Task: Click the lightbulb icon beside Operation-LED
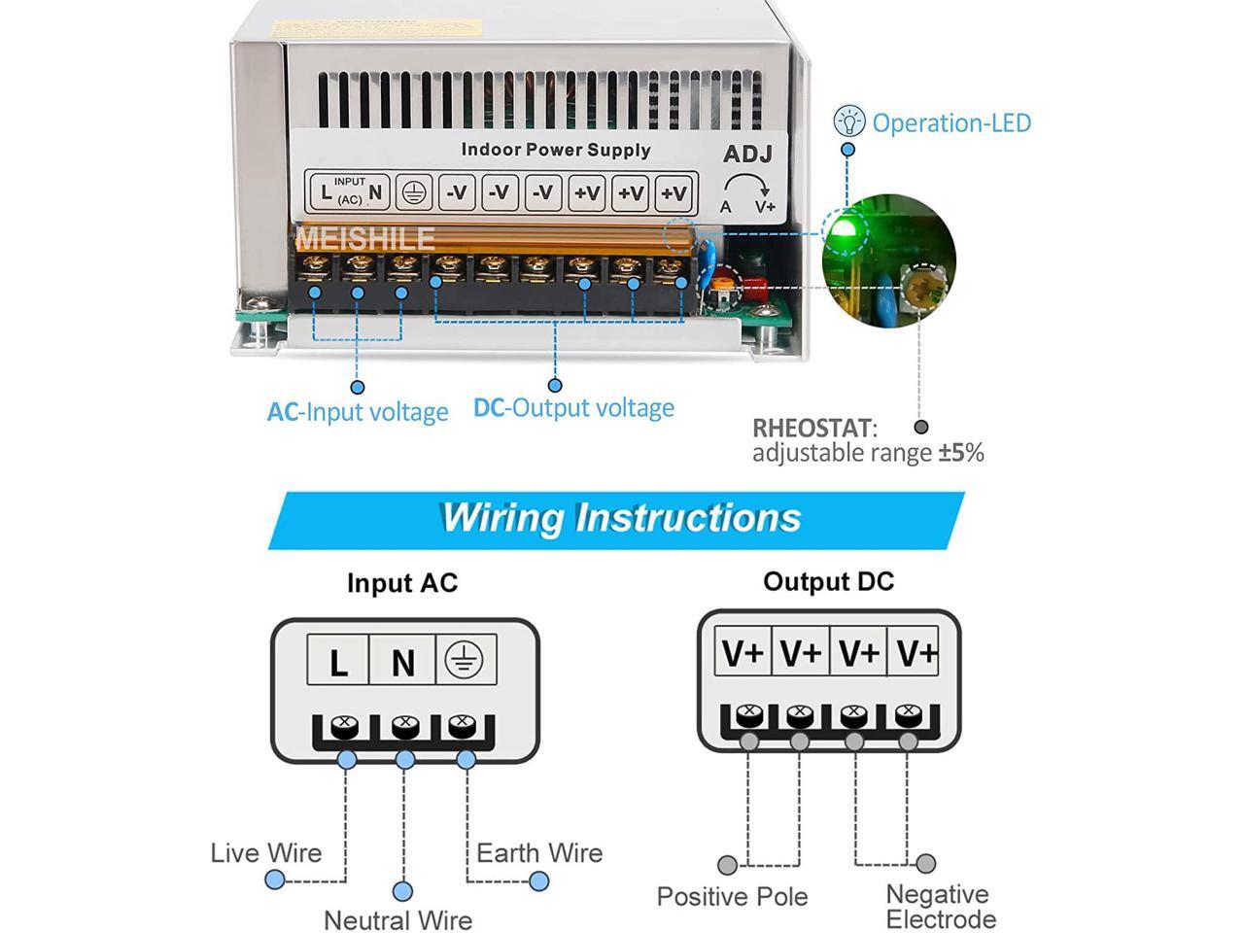tap(849, 121)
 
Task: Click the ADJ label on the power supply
tap(747, 155)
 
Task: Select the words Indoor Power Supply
tap(555, 150)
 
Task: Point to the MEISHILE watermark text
tap(364, 238)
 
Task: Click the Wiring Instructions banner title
tap(620, 517)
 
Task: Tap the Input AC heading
tap(401, 583)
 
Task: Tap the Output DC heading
tap(828, 581)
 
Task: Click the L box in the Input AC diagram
tap(338, 661)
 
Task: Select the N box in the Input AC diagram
tap(402, 661)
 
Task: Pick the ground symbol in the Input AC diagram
tap(464, 660)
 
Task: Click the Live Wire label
tap(265, 853)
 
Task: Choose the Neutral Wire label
tap(397, 919)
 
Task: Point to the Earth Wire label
tap(539, 853)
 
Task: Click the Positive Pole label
tap(732, 896)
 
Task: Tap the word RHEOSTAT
tap(812, 428)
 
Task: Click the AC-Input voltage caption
tap(358, 412)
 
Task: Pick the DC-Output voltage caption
tap(573, 408)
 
